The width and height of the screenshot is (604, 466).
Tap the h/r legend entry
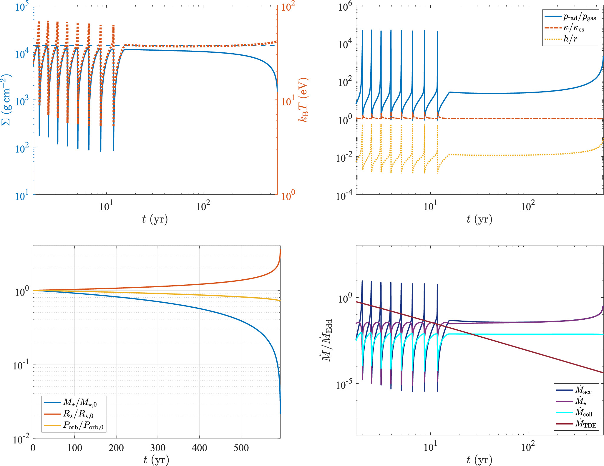coord(570,39)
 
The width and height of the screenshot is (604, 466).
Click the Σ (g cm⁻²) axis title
coord(6,100)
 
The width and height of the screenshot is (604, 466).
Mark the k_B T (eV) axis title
coord(303,100)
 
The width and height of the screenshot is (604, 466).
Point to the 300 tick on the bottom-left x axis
coord(158,448)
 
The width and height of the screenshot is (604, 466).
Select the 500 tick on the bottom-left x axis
coord(241,448)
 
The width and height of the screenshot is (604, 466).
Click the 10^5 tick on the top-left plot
coord(22,6)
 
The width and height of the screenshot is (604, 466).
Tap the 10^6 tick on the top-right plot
coord(345,6)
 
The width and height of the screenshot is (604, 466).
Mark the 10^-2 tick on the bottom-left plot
coord(21,440)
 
